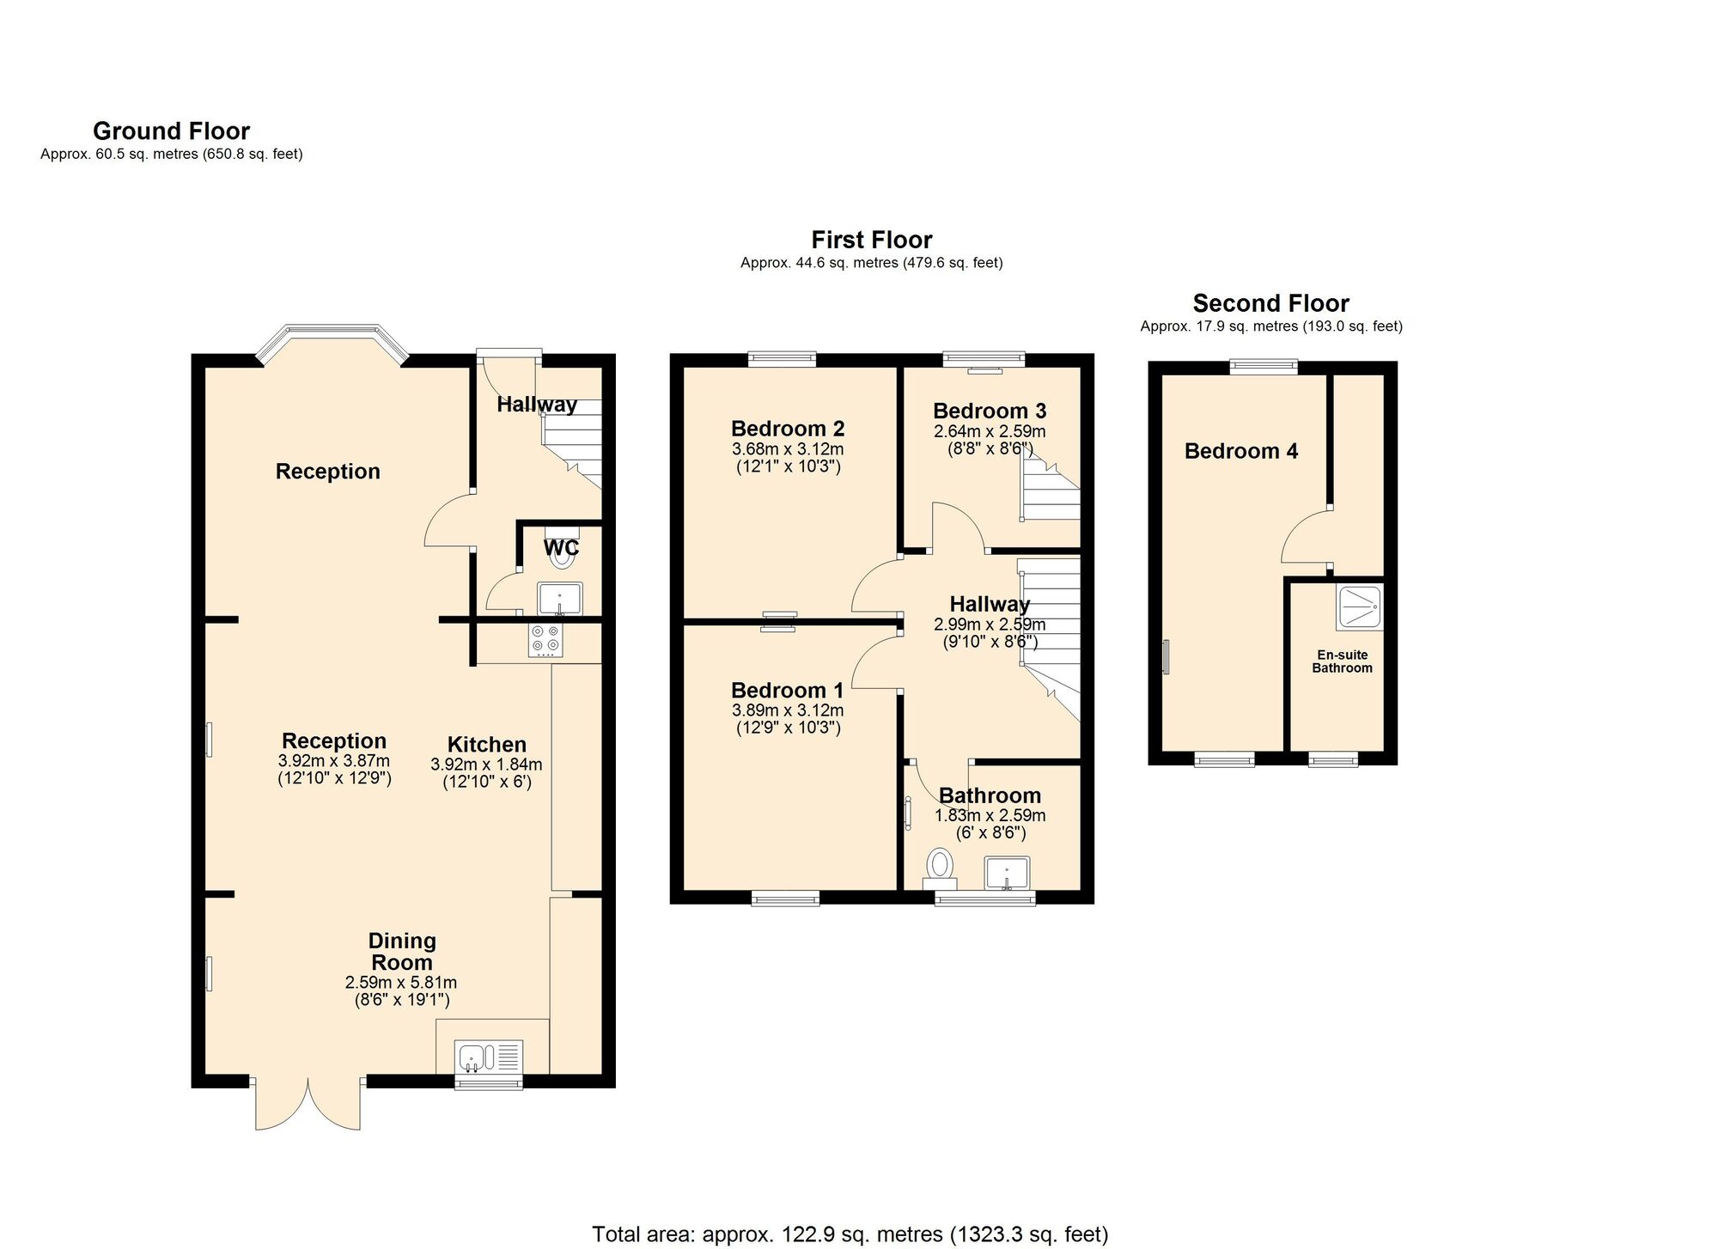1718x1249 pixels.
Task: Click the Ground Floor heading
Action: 171,131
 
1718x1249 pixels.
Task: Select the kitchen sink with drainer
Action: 490,1057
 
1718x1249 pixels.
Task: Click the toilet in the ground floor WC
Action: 562,555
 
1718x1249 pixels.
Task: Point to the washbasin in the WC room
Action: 560,598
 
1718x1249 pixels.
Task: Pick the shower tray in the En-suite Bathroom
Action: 1359,606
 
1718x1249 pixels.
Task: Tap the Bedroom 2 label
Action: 788,429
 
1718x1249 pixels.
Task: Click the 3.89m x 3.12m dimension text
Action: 788,710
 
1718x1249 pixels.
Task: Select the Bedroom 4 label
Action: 1240,451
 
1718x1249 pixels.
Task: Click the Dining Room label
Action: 402,952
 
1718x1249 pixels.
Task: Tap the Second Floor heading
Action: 1270,303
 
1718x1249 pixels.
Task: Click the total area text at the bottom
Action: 850,1234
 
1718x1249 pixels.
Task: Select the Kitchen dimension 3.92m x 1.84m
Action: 486,765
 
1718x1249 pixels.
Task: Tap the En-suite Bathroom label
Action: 1342,661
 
